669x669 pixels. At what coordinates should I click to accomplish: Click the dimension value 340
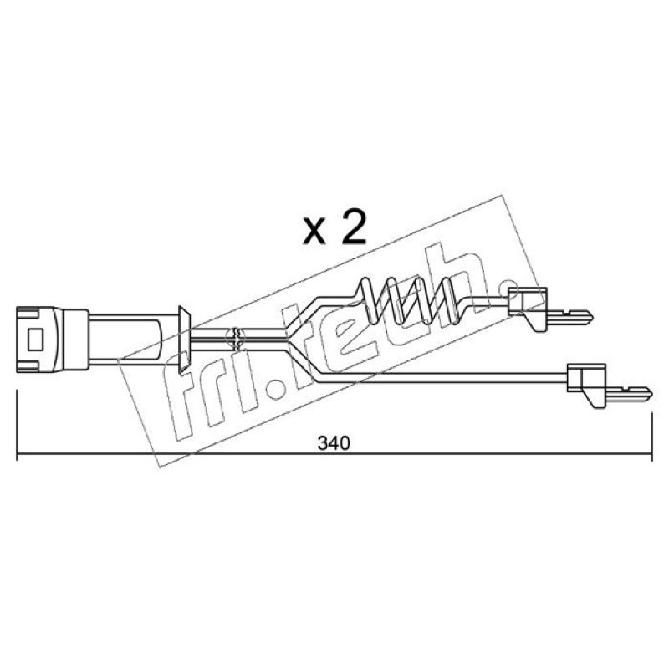tap(334, 444)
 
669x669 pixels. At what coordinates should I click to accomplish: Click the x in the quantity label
tap(314, 234)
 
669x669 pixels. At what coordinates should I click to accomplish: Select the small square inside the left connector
tap(35, 340)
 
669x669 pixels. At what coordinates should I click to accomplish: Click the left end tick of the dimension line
tap(17, 425)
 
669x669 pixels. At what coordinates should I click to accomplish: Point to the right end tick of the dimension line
tap(651, 436)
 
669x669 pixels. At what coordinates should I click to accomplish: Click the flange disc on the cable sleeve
tap(184, 340)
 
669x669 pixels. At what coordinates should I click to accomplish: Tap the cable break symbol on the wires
tap(237, 340)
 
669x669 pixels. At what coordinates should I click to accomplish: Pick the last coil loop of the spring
tap(449, 299)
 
